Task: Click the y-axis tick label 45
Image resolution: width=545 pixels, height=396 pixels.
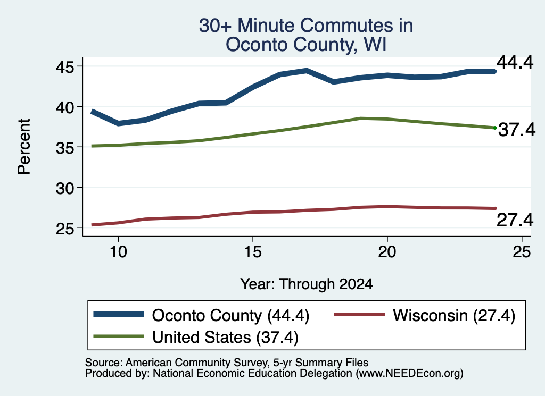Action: (x=65, y=67)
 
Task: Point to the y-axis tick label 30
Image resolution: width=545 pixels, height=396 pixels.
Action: (x=65, y=188)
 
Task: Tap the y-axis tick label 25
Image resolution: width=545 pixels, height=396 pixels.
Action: (x=65, y=229)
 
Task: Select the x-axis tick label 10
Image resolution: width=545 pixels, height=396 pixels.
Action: (x=118, y=252)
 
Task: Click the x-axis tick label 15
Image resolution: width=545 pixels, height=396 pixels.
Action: (x=253, y=252)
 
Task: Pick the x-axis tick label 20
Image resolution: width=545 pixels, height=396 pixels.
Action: (x=387, y=252)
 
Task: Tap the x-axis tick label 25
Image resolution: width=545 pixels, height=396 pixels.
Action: (x=522, y=252)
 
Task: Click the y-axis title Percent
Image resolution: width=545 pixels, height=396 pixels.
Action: (x=24, y=147)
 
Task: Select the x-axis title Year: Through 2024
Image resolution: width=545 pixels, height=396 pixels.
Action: (x=306, y=284)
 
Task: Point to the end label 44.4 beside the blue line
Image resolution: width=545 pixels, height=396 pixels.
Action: (x=515, y=63)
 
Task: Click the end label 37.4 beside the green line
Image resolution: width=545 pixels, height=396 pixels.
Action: (x=517, y=130)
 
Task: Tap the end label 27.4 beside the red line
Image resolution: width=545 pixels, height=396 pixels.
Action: (x=515, y=220)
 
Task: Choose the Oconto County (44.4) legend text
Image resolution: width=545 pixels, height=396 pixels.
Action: (x=231, y=316)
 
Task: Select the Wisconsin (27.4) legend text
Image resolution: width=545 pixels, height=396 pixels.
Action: (x=454, y=316)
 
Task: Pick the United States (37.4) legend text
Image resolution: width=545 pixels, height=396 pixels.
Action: (x=225, y=338)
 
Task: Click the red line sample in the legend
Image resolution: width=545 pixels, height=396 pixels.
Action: (x=359, y=315)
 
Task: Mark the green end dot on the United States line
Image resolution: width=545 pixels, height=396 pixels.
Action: (x=495, y=128)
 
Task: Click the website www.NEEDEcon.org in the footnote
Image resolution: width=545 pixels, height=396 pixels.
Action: (x=409, y=374)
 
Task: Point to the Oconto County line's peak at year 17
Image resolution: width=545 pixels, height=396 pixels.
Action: (x=306, y=71)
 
